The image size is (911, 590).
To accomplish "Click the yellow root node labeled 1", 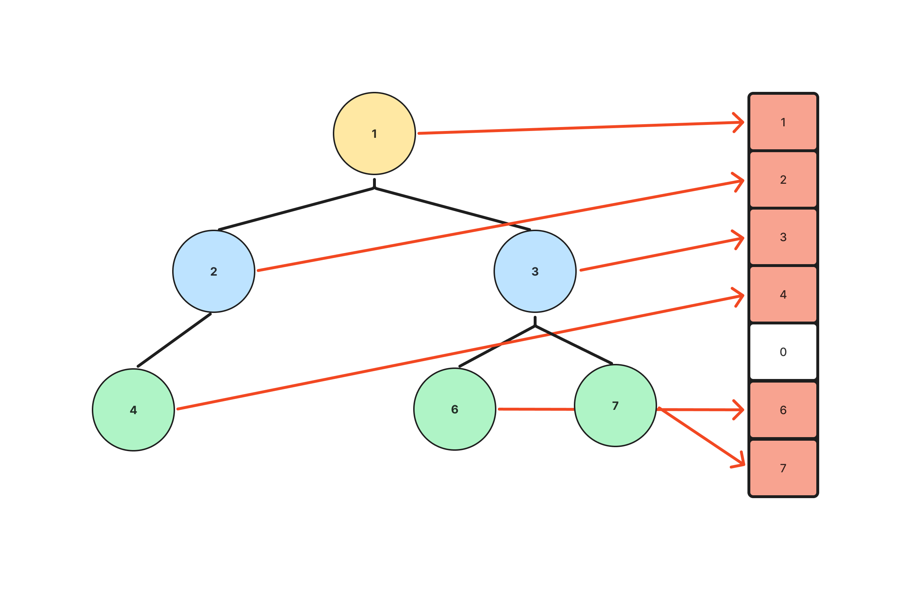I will pyautogui.click(x=374, y=134).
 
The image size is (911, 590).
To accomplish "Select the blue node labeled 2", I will pyautogui.click(x=214, y=271).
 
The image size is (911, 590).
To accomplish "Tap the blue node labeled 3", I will pyautogui.click(x=535, y=271).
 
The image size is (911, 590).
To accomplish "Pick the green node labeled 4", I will pyautogui.click(x=133, y=409).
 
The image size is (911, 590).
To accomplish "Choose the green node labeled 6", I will pyautogui.click(x=454, y=409).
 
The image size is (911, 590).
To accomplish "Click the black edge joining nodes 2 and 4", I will pyautogui.click(x=174, y=340).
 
